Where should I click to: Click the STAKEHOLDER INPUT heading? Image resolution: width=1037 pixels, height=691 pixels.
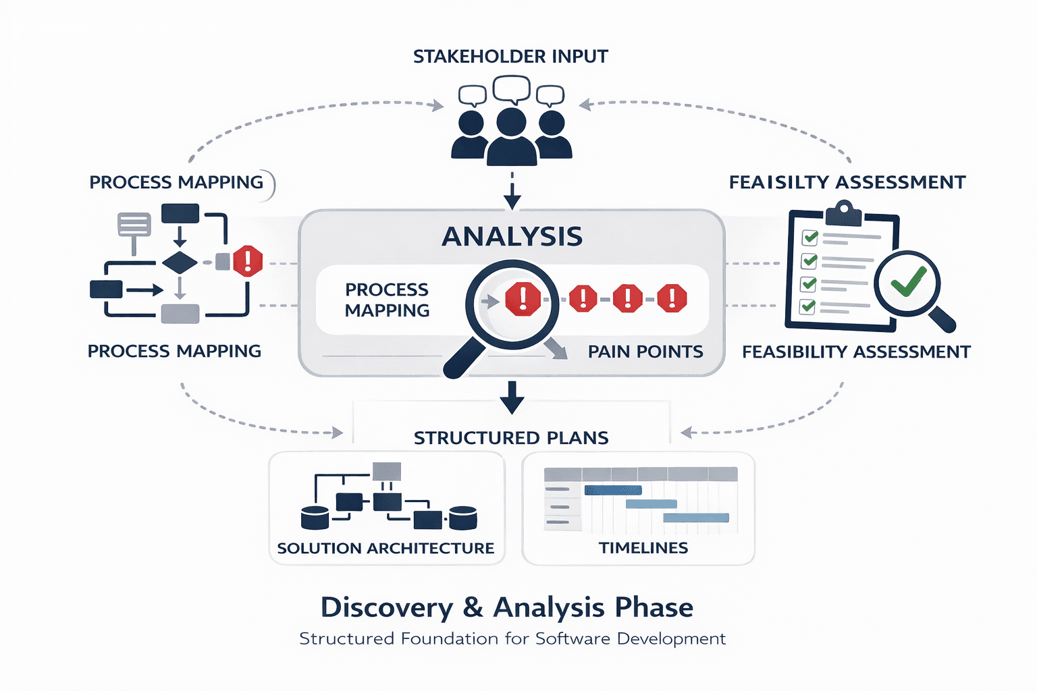510,57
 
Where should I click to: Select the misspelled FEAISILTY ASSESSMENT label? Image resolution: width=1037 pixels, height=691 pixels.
847,182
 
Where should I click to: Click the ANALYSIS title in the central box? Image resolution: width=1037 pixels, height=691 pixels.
512,237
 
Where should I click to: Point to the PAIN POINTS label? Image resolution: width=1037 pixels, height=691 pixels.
645,352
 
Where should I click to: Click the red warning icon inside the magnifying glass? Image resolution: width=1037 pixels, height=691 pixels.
523,299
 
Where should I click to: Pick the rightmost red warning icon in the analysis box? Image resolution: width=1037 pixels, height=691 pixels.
672,298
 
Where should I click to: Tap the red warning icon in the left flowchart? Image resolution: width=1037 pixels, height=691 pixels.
248,261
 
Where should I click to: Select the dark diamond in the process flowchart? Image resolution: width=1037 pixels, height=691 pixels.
180,262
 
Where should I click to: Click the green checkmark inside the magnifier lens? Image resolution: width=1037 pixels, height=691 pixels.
908,281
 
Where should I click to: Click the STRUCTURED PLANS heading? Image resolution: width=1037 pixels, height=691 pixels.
511,438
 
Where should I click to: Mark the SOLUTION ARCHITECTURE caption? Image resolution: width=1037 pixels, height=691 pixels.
385,548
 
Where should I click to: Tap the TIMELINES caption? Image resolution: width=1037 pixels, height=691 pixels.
643,548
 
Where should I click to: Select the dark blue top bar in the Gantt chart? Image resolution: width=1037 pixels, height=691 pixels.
613,491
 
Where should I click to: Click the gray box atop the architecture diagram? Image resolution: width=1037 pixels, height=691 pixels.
387,471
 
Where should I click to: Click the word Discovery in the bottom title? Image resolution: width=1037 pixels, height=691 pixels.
386,607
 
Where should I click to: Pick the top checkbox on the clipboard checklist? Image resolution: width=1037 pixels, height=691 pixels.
809,238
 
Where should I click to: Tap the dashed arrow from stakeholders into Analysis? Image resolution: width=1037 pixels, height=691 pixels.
512,192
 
